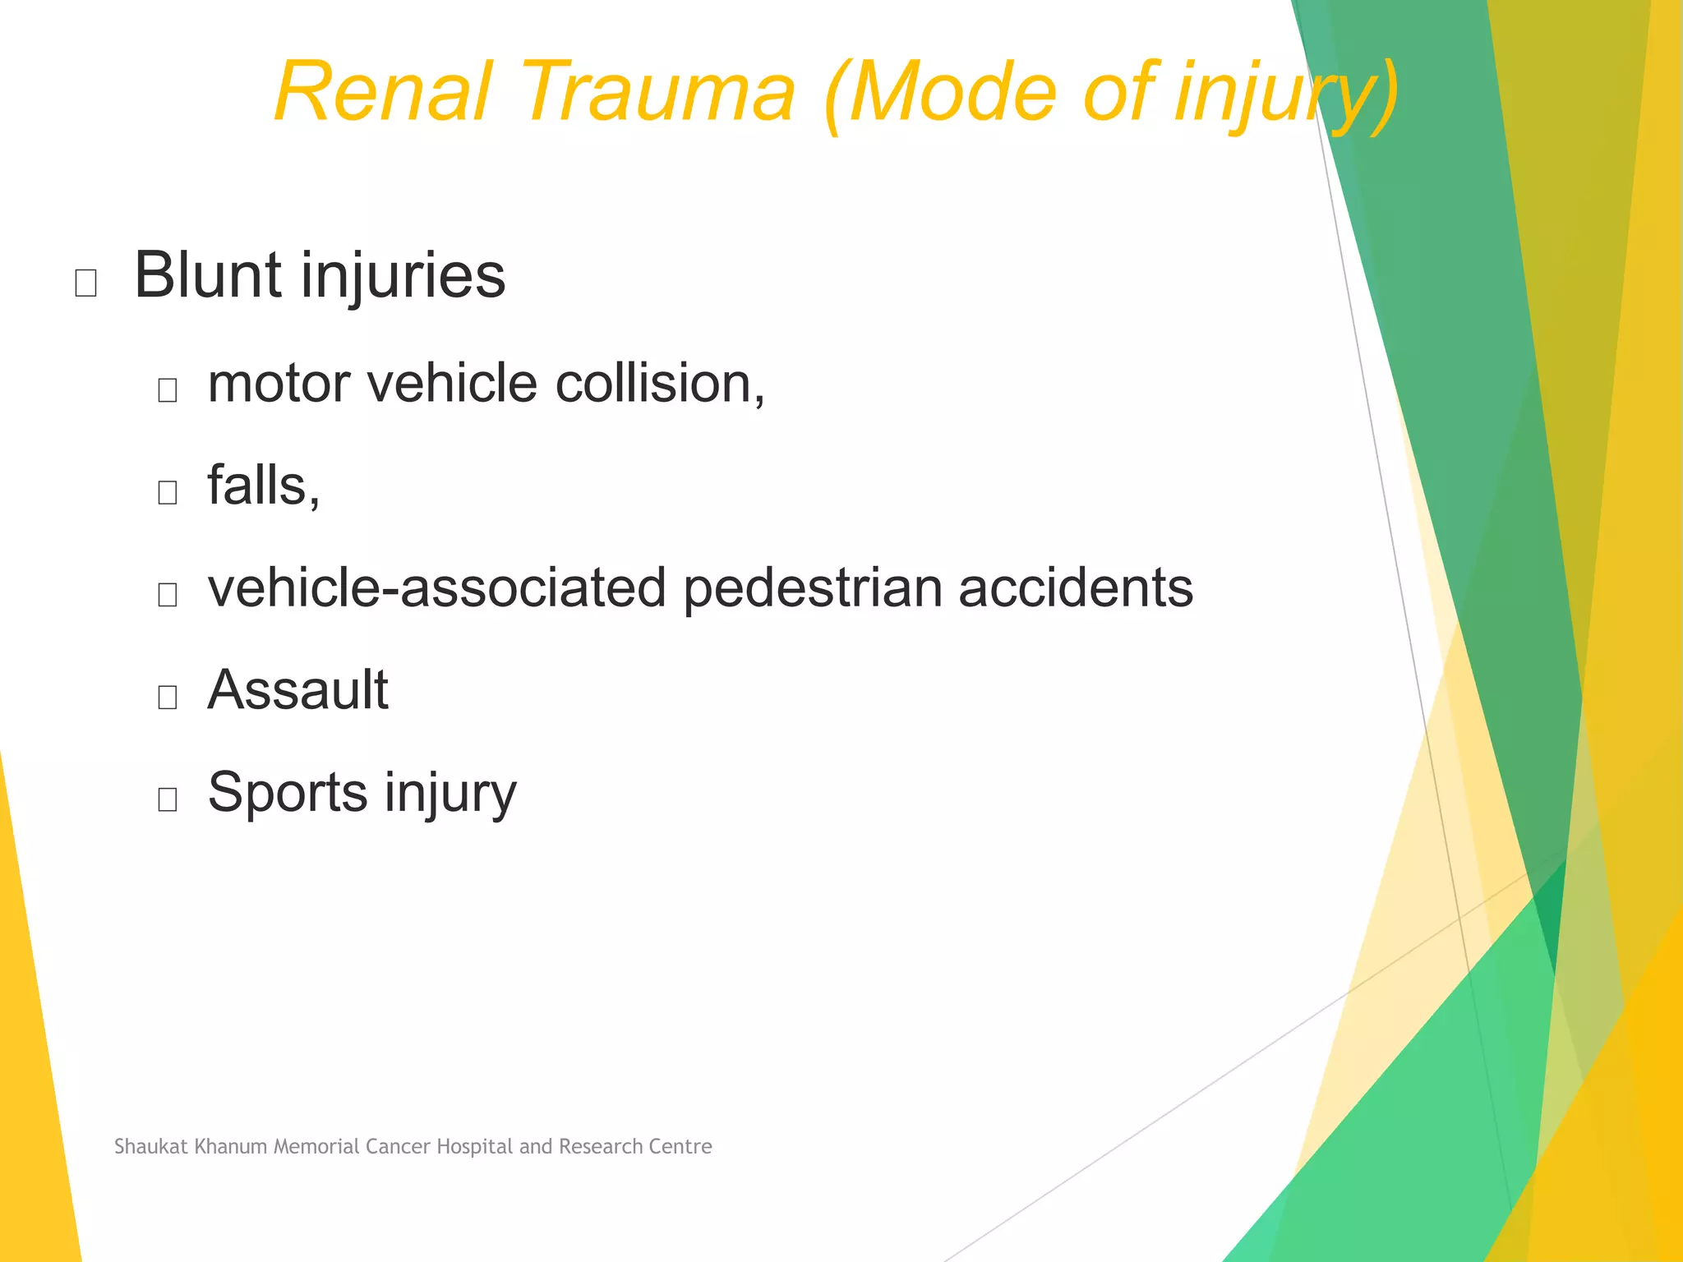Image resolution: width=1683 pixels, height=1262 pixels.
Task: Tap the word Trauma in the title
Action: click(x=657, y=92)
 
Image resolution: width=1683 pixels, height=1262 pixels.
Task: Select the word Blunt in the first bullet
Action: click(x=209, y=275)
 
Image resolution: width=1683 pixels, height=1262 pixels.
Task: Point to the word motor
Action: click(x=279, y=385)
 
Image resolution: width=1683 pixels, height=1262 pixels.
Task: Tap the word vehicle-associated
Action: click(x=436, y=588)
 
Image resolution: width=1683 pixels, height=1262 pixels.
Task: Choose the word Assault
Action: click(x=297, y=690)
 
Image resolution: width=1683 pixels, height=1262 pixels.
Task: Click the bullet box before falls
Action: click(x=168, y=492)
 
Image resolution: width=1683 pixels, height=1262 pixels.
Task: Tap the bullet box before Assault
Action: click(x=168, y=697)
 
